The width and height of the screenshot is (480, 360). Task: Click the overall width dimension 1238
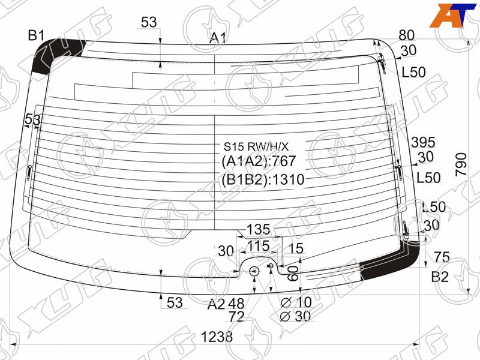point(217,337)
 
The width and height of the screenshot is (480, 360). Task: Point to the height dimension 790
point(461,164)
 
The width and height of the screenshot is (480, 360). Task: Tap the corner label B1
point(37,35)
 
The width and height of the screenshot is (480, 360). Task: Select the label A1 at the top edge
point(218,38)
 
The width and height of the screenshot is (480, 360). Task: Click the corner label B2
point(440,277)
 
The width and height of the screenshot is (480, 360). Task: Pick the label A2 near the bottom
point(216,304)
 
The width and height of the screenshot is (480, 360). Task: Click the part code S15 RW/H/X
point(256,146)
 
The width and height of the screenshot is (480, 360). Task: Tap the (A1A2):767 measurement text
point(259,161)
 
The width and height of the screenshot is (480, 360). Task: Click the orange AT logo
point(452,16)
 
